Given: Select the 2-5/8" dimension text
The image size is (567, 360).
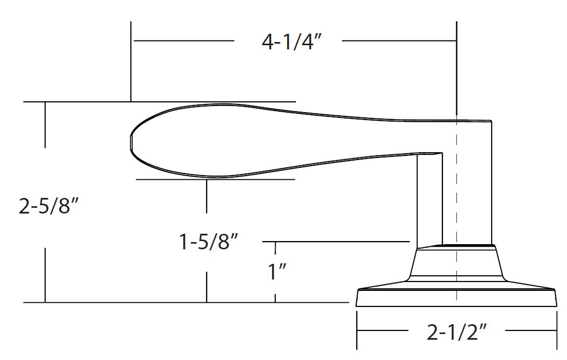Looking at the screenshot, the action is pos(48,206).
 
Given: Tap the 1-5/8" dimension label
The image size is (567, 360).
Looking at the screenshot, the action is pos(209,242).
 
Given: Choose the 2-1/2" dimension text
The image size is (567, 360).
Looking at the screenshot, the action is pos(457,332).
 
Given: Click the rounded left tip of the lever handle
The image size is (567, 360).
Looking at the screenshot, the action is pos(131,141).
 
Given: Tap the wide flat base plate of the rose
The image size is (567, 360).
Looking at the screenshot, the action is pos(456,298).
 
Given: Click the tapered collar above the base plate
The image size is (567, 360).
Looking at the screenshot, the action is pos(456,263).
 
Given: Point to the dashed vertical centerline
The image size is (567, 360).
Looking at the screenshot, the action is pos(457,210).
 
